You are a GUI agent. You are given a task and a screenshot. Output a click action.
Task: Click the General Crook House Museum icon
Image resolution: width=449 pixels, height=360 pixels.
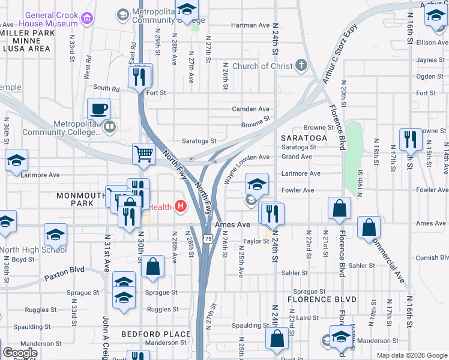pos(87,18)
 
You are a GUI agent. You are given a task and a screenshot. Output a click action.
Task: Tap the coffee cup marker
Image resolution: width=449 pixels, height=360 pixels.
pos(98,109)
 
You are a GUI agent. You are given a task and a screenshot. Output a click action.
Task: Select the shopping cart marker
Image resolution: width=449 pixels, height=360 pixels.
pos(143,154)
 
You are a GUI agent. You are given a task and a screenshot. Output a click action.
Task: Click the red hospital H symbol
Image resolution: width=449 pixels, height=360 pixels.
pos(181,207)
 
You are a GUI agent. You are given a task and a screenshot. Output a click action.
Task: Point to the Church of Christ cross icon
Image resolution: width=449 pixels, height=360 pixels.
pos(301,66)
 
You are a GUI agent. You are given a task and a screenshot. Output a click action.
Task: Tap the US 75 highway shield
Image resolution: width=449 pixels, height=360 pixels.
pos(208,239)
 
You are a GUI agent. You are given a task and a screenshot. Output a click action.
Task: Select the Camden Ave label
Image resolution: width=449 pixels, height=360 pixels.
pos(251,109)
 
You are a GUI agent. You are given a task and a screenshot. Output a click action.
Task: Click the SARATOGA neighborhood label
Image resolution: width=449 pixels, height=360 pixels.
pos(304,137)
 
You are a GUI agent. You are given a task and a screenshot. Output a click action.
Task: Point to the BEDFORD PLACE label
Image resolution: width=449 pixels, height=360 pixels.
pos(148,334)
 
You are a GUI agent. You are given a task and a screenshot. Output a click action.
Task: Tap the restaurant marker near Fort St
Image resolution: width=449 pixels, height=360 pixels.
pos(139,77)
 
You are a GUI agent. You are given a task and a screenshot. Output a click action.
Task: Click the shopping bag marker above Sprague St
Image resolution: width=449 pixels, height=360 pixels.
pos(153,267)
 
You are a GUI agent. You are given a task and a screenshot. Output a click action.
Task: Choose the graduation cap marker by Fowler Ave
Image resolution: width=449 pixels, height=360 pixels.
pos(257,184)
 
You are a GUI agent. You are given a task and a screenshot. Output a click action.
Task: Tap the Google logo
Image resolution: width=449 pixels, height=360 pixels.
pos(20,353)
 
